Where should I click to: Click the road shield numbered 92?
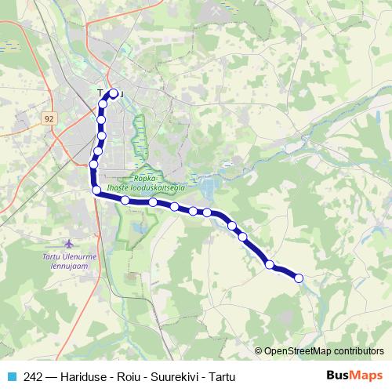[x=50, y=118]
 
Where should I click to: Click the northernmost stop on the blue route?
[x=113, y=93]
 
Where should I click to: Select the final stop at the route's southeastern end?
[x=298, y=276]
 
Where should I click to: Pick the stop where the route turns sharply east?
[x=96, y=191]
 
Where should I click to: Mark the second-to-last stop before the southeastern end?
[x=270, y=264]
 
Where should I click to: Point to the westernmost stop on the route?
[x=93, y=165]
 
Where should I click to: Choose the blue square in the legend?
[x=11, y=376]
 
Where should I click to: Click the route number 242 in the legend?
[x=34, y=376]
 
